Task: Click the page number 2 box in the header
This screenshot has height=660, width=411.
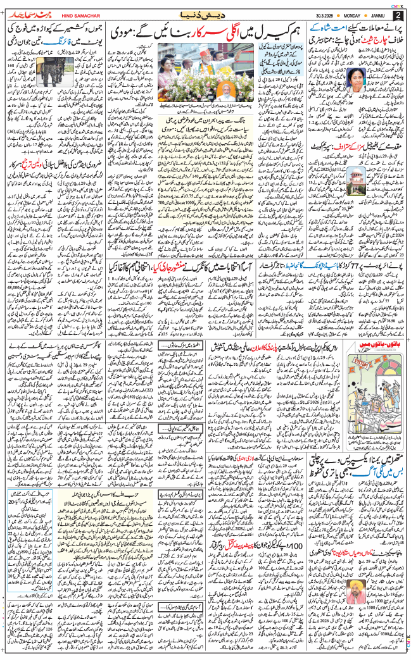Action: point(398,15)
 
